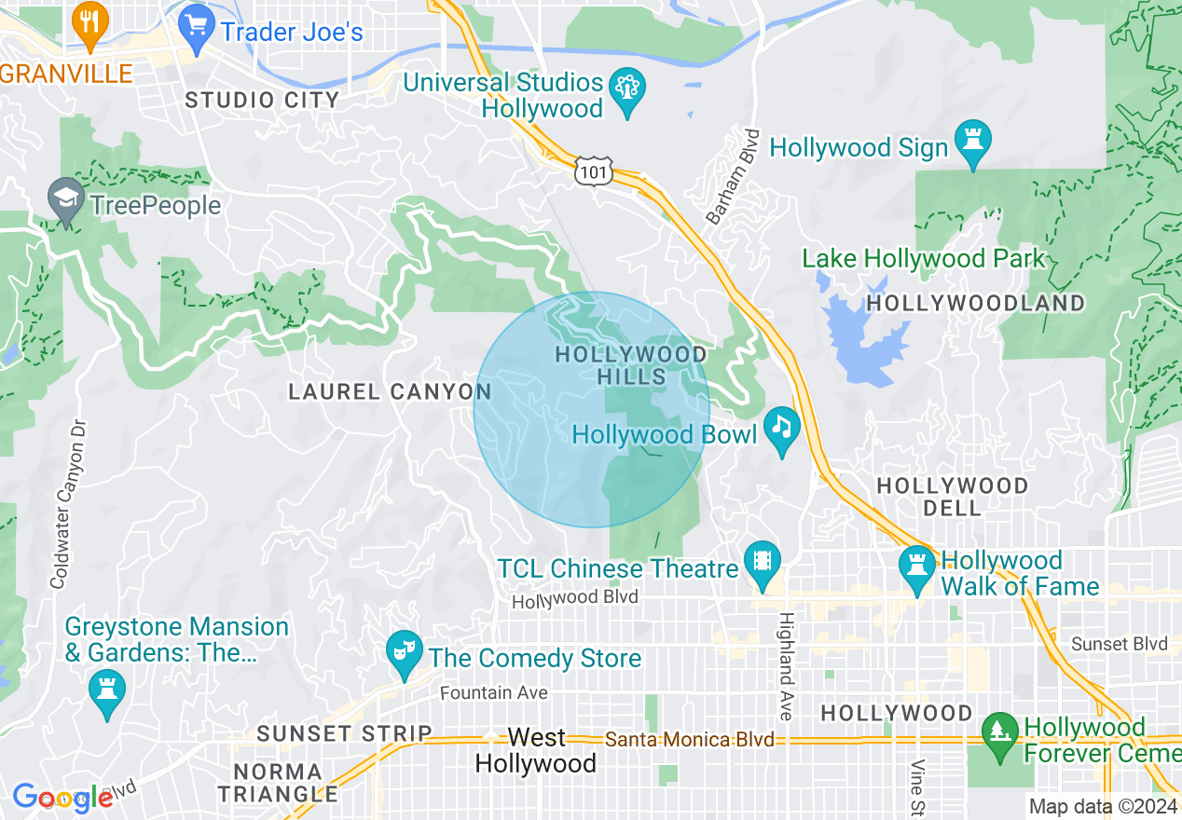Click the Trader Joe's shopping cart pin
[x=197, y=27]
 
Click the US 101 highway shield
[x=594, y=171]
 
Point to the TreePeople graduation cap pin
[x=66, y=199]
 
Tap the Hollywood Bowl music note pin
[x=782, y=430]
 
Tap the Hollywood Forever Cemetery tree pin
[x=1000, y=732]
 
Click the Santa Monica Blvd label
[x=690, y=740]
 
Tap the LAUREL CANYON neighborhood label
[x=390, y=391]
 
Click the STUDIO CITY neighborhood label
[x=262, y=100]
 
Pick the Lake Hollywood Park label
[x=924, y=258]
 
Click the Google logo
[x=62, y=797]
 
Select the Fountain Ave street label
[x=493, y=692]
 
